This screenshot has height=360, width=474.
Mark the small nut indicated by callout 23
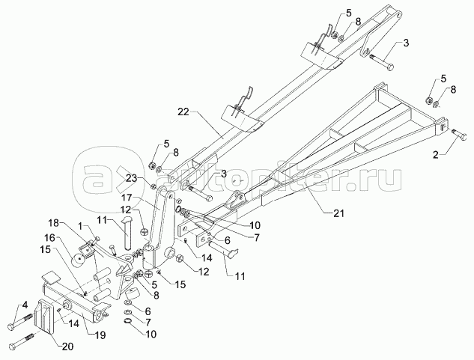point(153,186)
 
